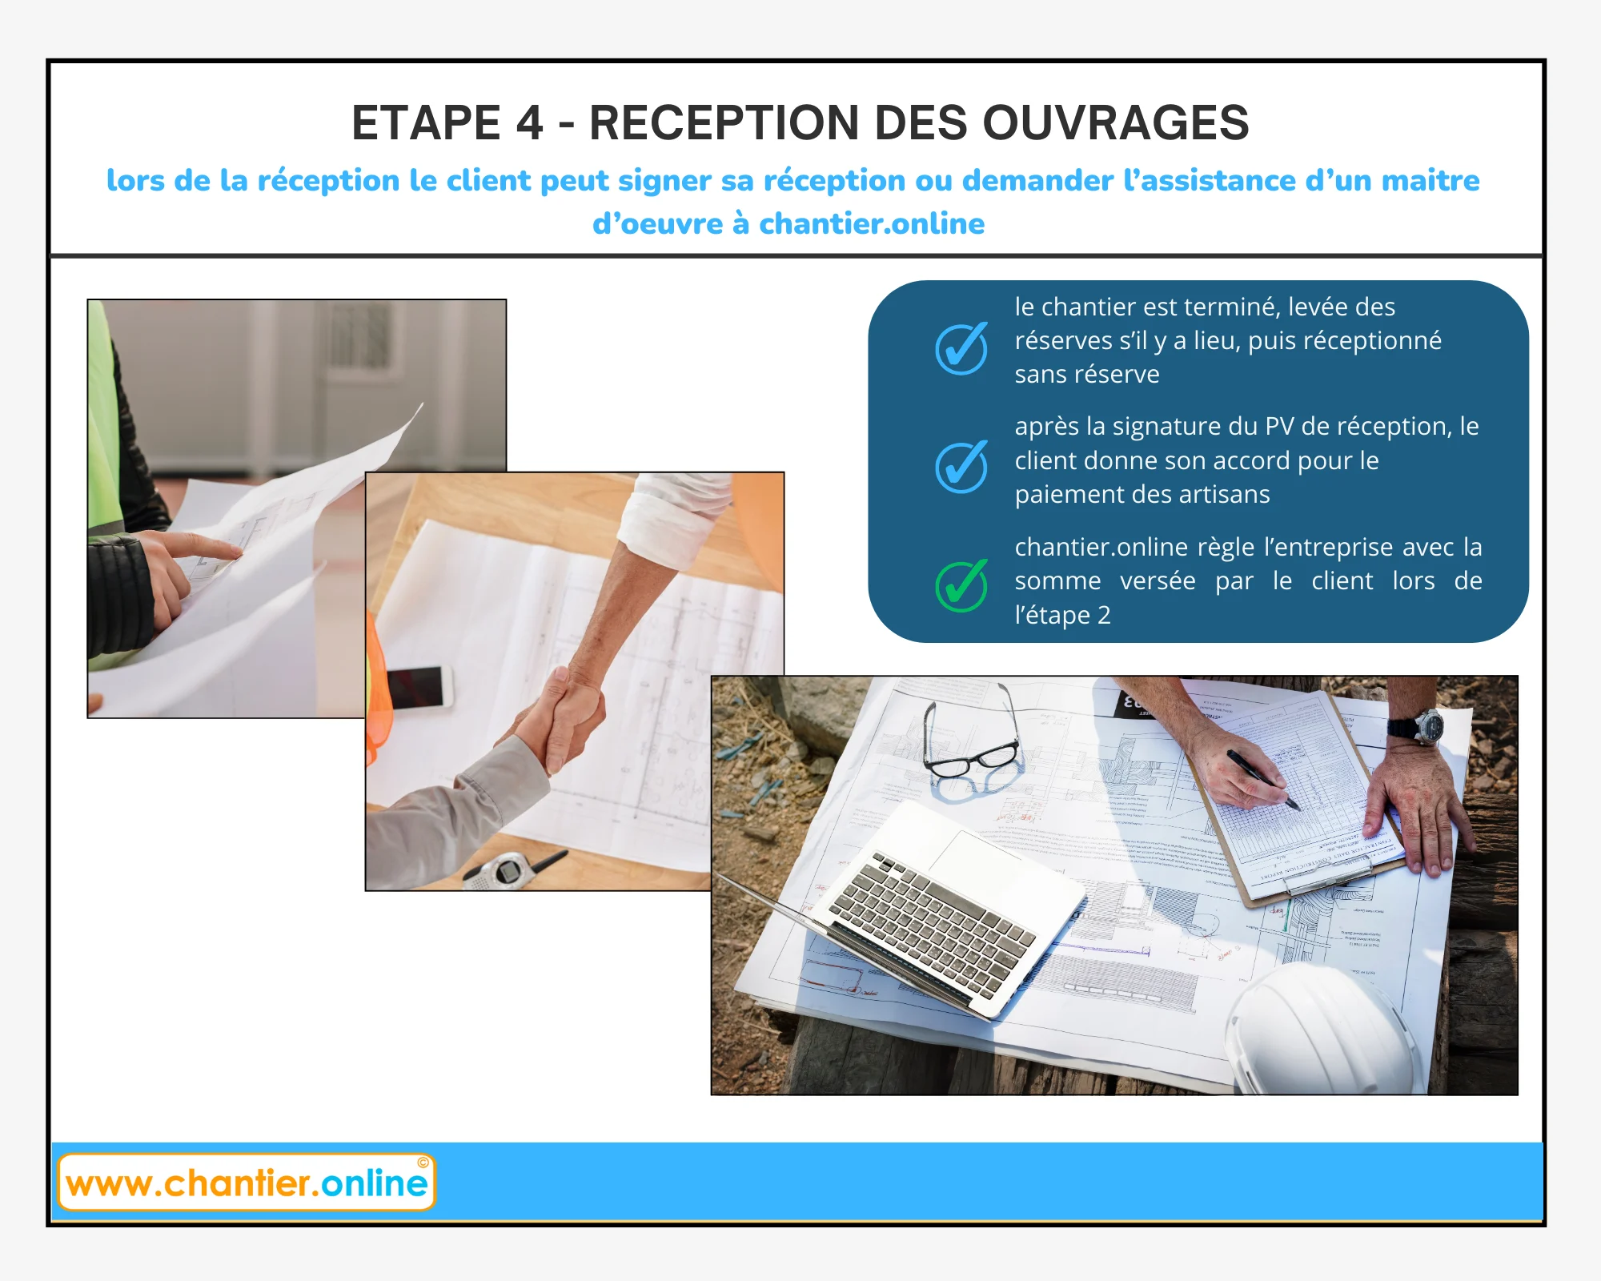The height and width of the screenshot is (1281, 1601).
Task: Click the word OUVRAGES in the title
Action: [1115, 123]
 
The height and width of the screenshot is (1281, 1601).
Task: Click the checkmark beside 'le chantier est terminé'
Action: [961, 348]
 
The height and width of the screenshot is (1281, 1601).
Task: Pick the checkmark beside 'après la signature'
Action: [961, 467]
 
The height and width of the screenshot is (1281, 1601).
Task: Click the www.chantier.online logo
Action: [247, 1182]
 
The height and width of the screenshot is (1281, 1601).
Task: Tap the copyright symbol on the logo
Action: [423, 1163]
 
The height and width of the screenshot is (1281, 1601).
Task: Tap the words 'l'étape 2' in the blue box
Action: [1062, 615]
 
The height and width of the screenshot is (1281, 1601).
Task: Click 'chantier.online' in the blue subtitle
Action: [872, 224]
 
